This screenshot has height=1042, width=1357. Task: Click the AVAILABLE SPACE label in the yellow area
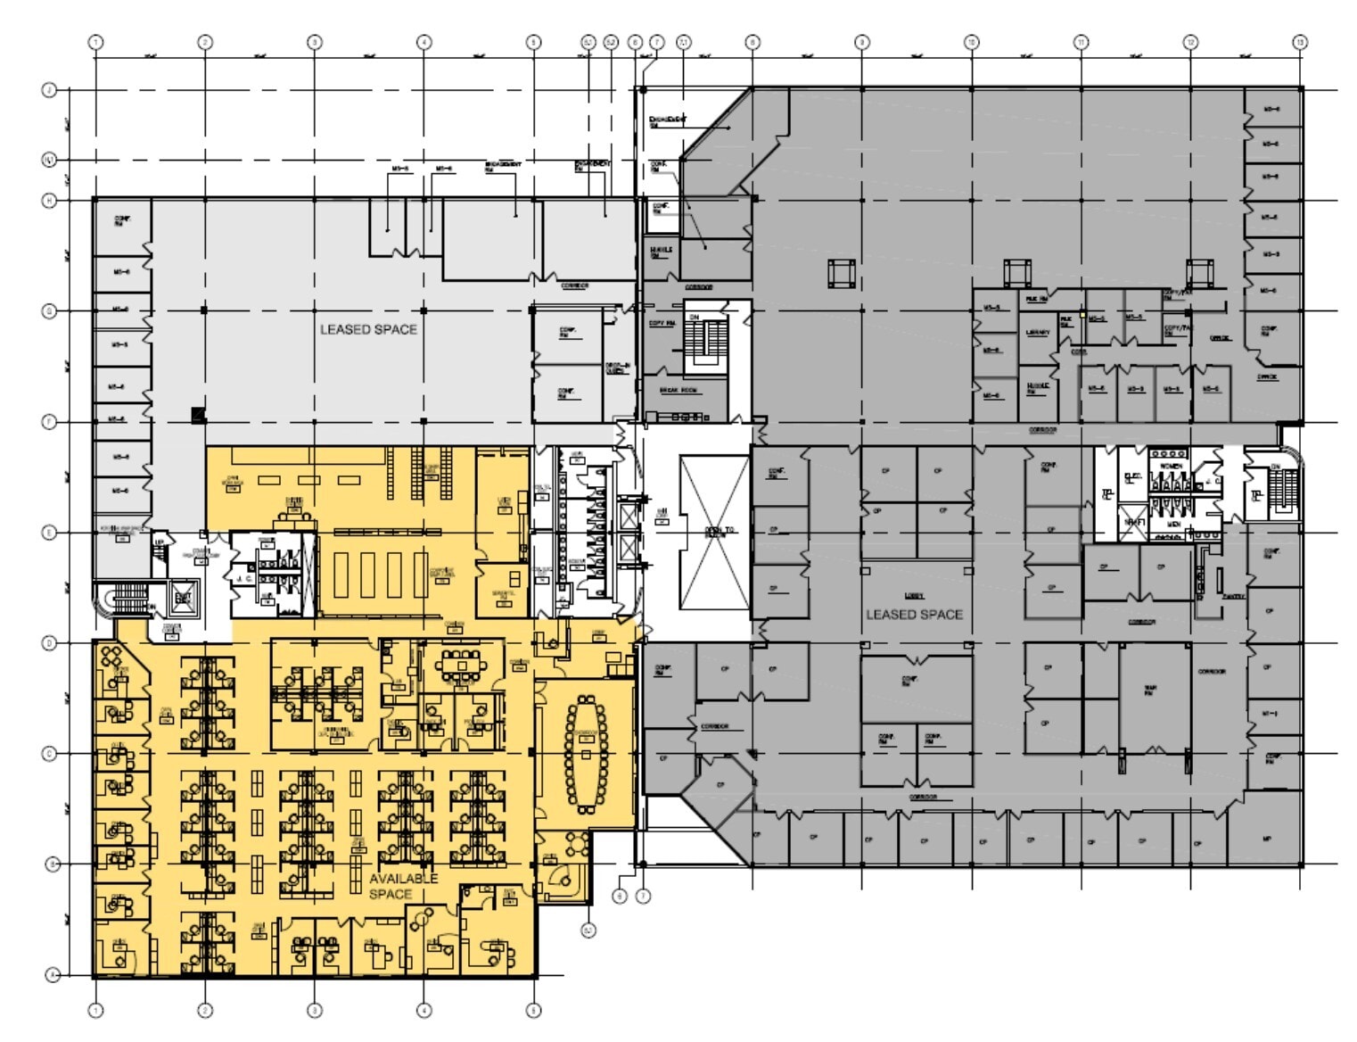pos(404,886)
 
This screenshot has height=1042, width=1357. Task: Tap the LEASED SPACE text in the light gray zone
pos(368,329)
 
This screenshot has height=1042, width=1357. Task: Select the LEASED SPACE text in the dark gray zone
pos(914,614)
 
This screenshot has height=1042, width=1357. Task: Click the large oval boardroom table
pos(585,755)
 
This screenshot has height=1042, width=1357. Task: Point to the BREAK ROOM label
pos(679,391)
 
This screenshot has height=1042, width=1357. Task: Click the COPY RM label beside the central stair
pos(662,323)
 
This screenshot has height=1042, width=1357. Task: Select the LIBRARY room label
pos(1037,333)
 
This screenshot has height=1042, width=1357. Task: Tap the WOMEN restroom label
pos(1171,466)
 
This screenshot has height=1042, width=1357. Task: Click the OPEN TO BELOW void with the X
pos(715,532)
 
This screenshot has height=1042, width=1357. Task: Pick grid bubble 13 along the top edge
pos(1300,42)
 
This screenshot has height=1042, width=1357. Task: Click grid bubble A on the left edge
pos(51,975)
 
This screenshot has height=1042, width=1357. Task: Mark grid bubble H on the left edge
pos(51,201)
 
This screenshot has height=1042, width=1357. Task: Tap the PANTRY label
pos(1234,596)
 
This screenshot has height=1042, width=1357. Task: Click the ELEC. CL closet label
pos(1132,479)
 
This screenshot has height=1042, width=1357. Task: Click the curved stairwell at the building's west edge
pos(125,597)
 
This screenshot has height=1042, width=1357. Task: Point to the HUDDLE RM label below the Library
pos(1037,389)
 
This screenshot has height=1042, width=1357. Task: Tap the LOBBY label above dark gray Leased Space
pos(914,595)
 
